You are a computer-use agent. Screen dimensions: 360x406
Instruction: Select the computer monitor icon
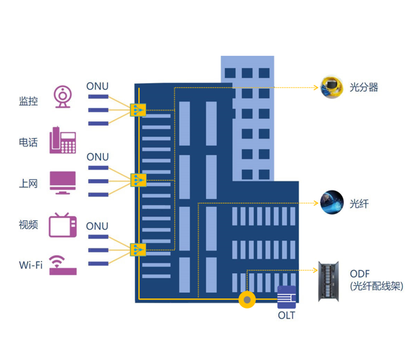(63, 182)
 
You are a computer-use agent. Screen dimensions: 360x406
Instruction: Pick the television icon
(63, 224)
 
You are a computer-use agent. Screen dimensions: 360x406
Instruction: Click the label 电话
(28, 143)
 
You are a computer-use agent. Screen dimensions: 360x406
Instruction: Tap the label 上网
(28, 184)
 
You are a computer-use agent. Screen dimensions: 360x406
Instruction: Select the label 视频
(28, 225)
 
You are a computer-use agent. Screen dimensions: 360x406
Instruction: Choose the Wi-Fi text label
(31, 265)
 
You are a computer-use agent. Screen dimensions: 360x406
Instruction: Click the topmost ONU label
(97, 86)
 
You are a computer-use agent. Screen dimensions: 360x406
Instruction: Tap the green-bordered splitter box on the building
(138, 180)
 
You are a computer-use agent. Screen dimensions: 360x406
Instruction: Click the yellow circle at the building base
(247, 300)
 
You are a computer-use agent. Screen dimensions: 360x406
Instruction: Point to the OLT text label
(287, 315)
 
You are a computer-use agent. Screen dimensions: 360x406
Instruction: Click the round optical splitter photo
(331, 87)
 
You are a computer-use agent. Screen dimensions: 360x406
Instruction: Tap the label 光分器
(365, 87)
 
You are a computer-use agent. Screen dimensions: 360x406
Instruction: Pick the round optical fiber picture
(332, 202)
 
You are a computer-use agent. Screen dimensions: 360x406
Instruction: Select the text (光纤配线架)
(376, 286)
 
